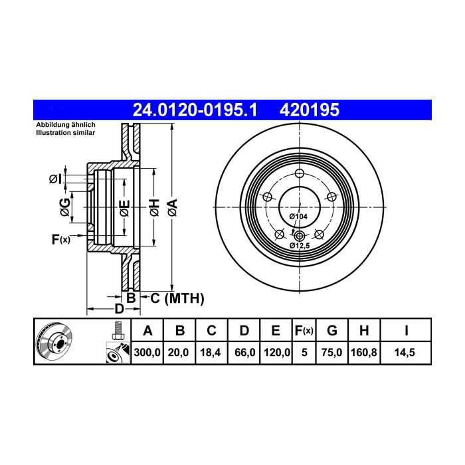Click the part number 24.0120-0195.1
(x=195, y=110)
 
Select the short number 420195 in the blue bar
(x=310, y=110)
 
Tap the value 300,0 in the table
(x=147, y=353)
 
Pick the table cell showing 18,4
(x=211, y=353)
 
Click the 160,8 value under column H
(x=363, y=353)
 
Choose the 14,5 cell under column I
(x=405, y=353)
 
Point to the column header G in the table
(x=332, y=330)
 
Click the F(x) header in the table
(x=304, y=330)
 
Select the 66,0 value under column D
(x=244, y=353)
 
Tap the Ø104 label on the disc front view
(x=298, y=217)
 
